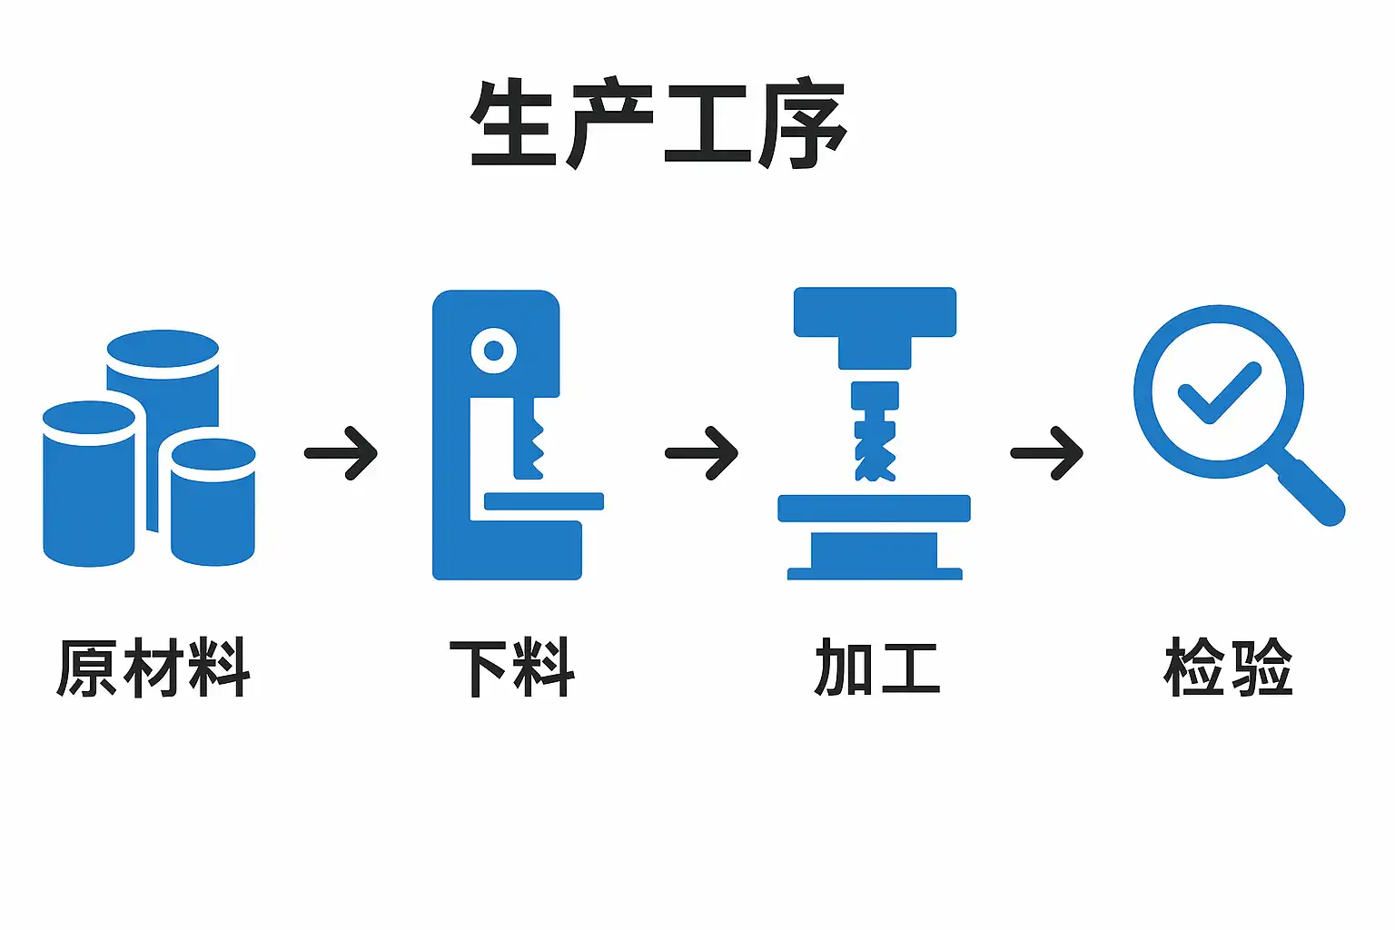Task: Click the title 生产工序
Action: tap(658, 124)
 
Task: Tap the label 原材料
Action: tap(153, 668)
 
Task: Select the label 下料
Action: tap(512, 668)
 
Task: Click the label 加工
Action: tap(877, 668)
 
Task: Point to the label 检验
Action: tap(1228, 668)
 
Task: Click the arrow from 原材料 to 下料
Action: tap(341, 452)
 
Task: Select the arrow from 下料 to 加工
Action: tap(702, 452)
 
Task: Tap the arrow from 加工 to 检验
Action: tap(1047, 452)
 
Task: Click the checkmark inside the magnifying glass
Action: tap(1218, 392)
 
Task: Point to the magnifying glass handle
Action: tap(1311, 493)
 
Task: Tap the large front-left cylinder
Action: tap(89, 490)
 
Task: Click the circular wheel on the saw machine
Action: tap(494, 351)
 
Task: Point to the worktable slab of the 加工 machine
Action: tap(875, 508)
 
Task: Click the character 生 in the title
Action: tap(514, 124)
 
